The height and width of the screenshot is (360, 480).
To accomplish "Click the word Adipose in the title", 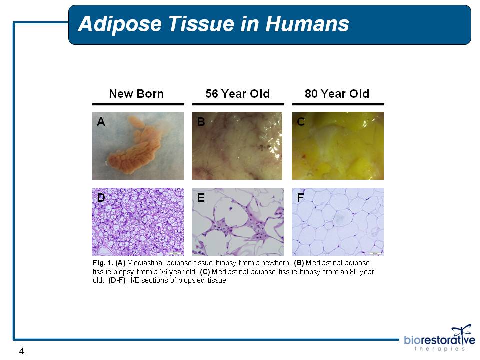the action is pos(120,24).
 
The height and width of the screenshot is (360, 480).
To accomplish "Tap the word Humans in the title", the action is pos(307,24).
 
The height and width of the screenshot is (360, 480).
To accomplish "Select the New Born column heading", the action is pos(136,94).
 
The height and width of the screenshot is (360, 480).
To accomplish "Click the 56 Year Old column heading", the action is pos(238,94).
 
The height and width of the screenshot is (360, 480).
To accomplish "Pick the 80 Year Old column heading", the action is pos(337,94).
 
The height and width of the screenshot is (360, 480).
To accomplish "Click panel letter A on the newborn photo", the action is pos(101,122).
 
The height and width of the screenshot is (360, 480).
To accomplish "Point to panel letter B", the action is pos(201,122).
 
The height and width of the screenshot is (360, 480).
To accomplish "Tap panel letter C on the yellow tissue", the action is pos(301,122).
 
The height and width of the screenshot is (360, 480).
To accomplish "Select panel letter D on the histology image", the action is pos(101,198).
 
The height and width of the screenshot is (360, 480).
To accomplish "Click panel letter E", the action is pos(201,198).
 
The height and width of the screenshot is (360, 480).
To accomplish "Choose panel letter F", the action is pos(300,198).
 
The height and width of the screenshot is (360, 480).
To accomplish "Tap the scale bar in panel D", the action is pos(175,253).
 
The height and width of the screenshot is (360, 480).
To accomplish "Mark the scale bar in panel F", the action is pos(375,253).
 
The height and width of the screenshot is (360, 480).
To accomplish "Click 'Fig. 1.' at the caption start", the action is pos(103,263).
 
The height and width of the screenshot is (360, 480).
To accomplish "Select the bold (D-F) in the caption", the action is pos(117,280).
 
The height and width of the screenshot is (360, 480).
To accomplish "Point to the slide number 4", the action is pos(21,351).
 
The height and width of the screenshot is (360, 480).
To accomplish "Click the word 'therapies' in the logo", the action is pos(439,349).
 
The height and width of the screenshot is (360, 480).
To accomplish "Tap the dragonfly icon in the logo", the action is pos(461,331).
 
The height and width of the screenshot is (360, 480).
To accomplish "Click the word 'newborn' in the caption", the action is pos(276,263).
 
